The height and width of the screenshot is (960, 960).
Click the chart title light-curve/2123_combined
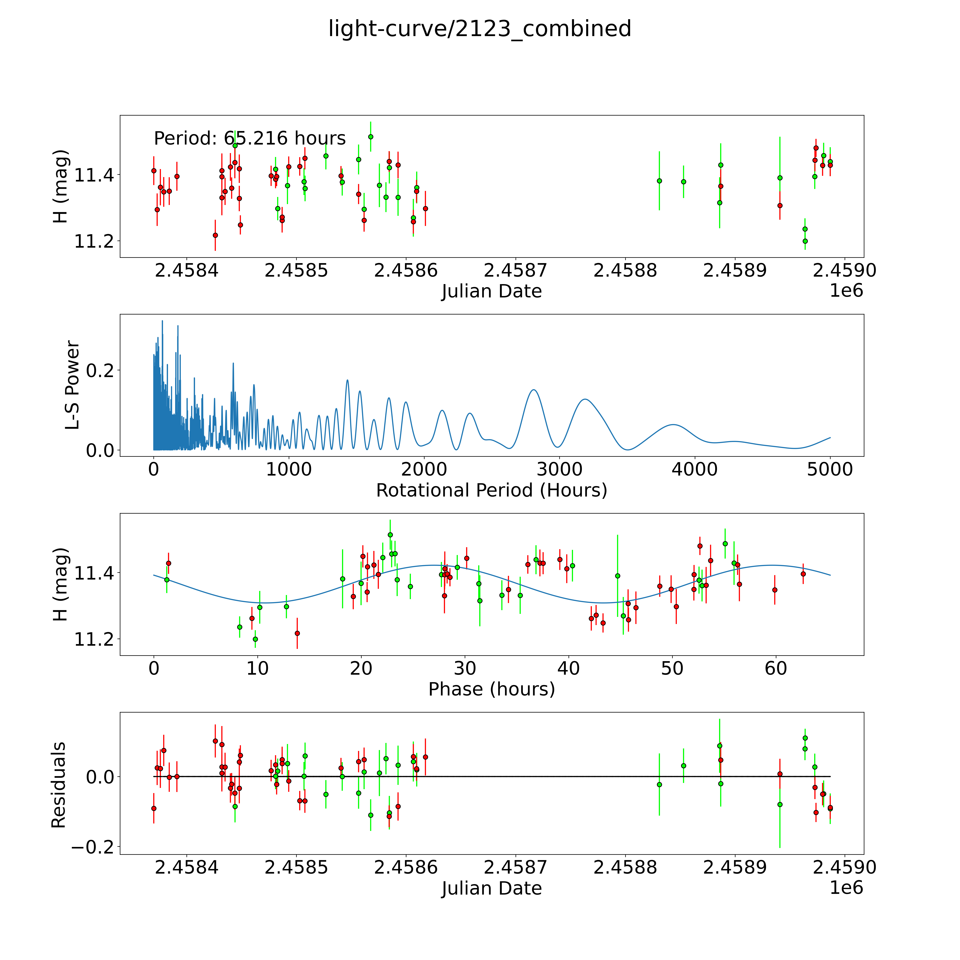[479, 29]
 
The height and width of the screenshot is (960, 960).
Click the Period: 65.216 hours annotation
[249, 138]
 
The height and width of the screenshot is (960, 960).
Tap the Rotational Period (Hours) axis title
[491, 490]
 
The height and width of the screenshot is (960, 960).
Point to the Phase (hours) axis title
[491, 689]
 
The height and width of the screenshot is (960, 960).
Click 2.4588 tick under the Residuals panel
[625, 867]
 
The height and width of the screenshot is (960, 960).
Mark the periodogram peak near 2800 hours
[533, 390]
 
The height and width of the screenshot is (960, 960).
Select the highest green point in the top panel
[371, 137]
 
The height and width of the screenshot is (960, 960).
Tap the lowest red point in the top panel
[215, 235]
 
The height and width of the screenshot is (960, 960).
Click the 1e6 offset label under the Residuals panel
[846, 887]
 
